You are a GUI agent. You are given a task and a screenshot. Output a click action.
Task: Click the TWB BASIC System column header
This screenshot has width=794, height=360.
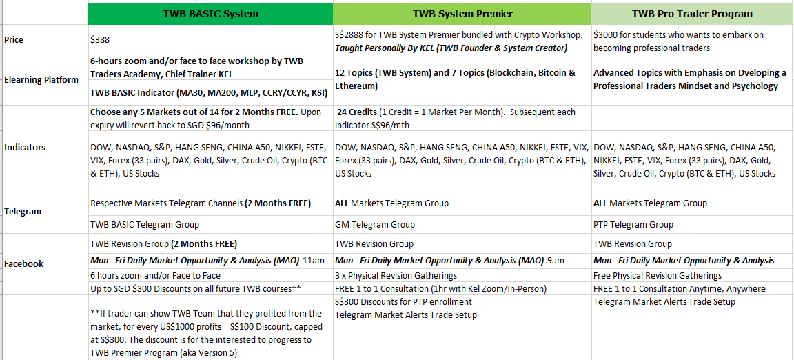coord(211,14)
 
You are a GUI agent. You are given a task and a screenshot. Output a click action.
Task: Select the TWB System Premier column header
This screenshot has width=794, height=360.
coord(462,14)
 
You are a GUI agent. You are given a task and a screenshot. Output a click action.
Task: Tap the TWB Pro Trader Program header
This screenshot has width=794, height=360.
coord(692,14)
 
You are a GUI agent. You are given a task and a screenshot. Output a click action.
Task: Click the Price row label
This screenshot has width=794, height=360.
coord(15,39)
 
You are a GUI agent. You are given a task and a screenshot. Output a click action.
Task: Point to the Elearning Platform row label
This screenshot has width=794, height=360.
coord(41,79)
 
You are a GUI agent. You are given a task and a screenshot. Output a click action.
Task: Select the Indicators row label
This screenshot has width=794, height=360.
coord(25,148)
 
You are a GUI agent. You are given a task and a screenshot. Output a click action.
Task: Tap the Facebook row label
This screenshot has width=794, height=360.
coord(24,263)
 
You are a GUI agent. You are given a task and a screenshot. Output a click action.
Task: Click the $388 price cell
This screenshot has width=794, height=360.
coord(100,39)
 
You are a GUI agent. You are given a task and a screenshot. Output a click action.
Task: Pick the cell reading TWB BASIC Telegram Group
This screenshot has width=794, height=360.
coord(144,224)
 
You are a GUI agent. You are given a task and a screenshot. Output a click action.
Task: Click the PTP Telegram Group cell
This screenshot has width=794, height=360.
coord(633,224)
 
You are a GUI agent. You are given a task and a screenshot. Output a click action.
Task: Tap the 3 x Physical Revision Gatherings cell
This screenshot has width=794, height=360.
coord(396,276)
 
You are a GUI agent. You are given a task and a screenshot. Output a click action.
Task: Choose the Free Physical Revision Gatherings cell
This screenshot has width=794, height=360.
coord(658,276)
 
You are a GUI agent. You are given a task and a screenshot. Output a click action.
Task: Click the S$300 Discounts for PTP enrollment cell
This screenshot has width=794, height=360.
coord(403,301)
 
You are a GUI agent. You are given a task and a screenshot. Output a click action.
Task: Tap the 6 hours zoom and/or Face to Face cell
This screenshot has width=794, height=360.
coord(156,276)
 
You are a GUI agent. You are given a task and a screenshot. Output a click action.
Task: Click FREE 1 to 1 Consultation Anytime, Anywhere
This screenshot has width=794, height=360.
coord(680,288)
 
